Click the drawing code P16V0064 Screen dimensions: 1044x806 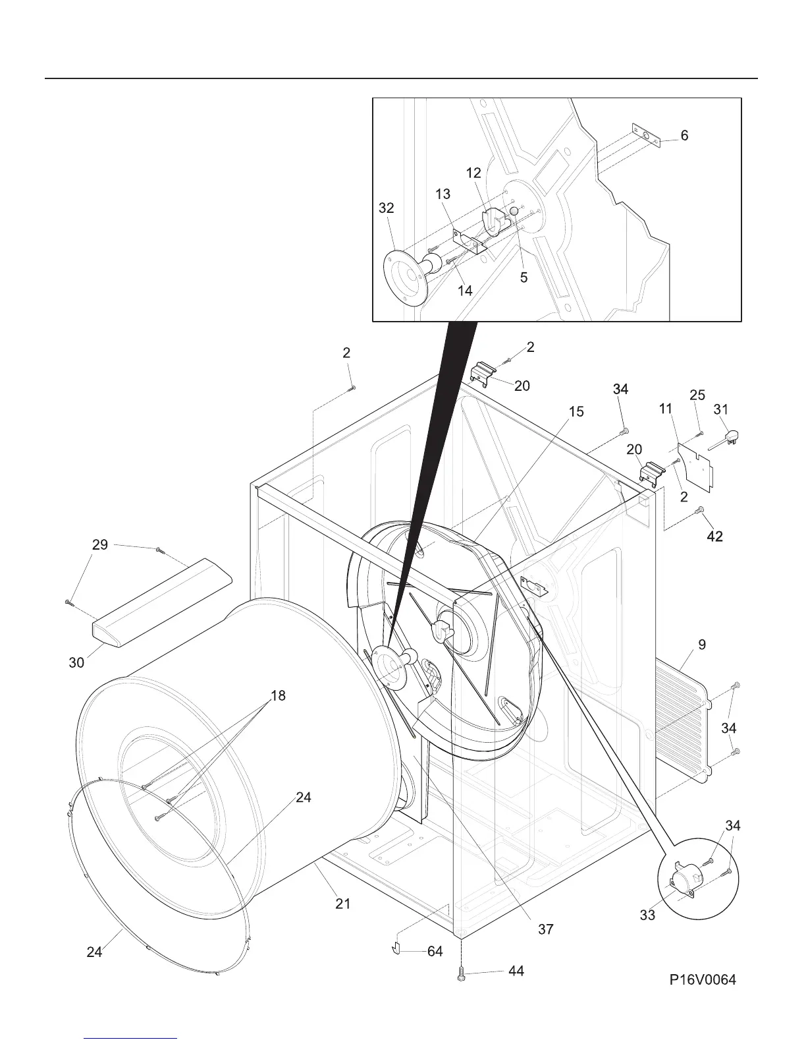pos(703,980)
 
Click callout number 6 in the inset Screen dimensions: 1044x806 pos(685,135)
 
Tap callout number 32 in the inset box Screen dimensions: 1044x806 pos(387,208)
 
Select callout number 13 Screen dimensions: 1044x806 pos(443,194)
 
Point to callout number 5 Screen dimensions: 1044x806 pos(524,277)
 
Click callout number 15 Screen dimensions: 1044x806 pos(576,412)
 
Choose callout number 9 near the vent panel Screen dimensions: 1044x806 pos(703,645)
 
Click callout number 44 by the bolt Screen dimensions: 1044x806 pos(516,971)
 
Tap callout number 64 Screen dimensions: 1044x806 pos(435,951)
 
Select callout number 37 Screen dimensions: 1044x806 pos(545,929)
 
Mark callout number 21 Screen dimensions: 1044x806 pos(343,904)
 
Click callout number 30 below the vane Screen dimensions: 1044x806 pos(77,662)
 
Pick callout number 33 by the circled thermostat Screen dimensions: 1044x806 pos(647,915)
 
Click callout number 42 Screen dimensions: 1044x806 pos(714,537)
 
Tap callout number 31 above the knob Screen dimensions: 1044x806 pos(721,409)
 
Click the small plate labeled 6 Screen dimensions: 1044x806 pos(645,136)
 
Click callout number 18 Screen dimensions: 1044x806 pos(278,695)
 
